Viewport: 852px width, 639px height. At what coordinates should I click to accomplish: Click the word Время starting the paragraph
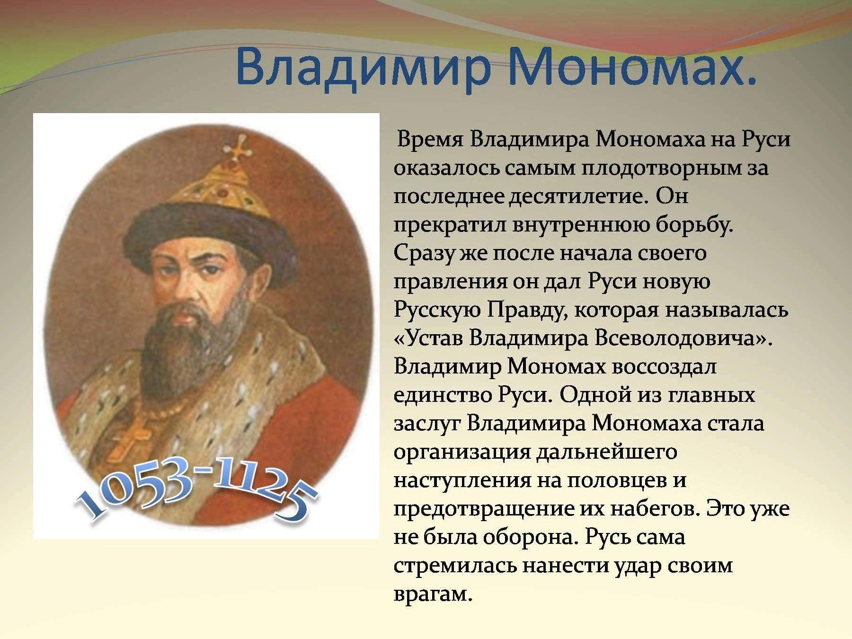[x=430, y=141]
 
